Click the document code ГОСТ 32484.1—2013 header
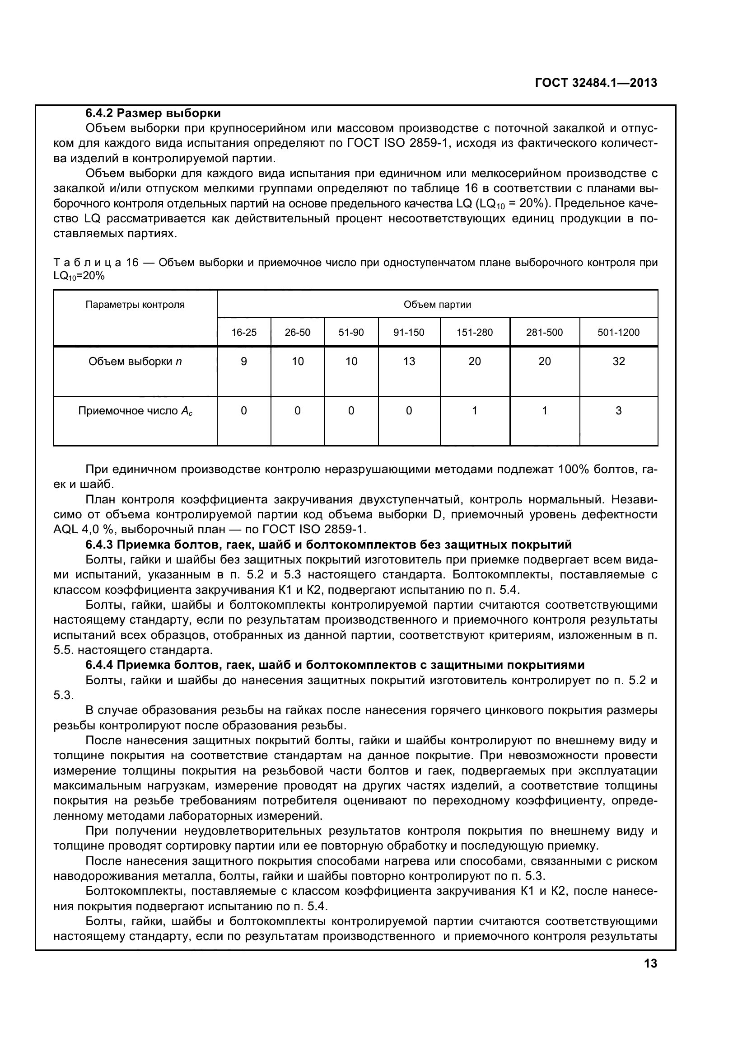click(x=596, y=83)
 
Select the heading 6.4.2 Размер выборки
click(x=153, y=113)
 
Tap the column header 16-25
click(x=244, y=333)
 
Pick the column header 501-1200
click(x=618, y=333)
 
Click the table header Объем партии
click(x=437, y=304)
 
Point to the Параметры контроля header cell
click(x=135, y=304)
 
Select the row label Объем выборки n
click(x=135, y=362)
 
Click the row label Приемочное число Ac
click(x=135, y=411)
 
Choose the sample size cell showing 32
click(x=618, y=362)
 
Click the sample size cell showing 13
click(x=409, y=362)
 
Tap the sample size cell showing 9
click(x=244, y=362)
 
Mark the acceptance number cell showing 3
click(x=618, y=411)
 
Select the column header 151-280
click(x=475, y=333)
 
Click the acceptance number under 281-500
click(x=545, y=411)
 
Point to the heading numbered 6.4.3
click(x=328, y=545)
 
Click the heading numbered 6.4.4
click(x=335, y=665)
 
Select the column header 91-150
click(x=409, y=333)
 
